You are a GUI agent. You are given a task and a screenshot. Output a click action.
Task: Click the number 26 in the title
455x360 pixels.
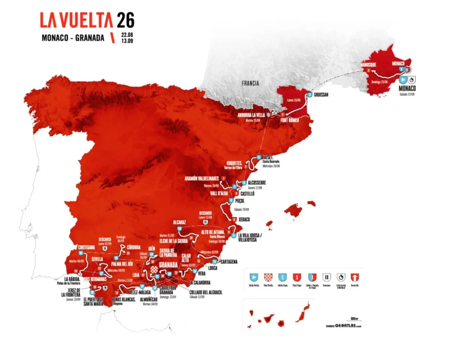(x=125, y=20)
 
